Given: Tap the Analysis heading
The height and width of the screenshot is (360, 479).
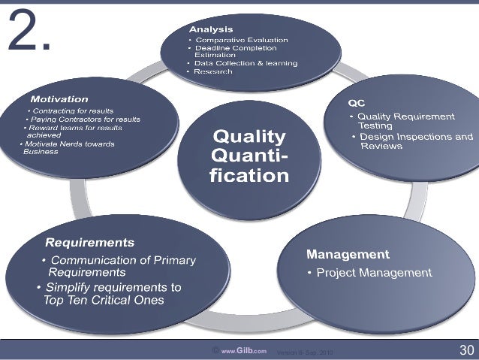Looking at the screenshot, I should [x=210, y=29].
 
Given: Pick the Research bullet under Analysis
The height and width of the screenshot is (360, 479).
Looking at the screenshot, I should [x=214, y=71].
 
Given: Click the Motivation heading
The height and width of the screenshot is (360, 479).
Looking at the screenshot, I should [x=59, y=99].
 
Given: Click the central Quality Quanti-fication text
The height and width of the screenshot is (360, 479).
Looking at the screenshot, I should [x=250, y=156].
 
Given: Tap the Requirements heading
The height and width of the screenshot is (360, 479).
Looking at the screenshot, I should [x=90, y=243].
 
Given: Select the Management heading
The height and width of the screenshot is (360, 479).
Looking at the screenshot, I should [x=347, y=254].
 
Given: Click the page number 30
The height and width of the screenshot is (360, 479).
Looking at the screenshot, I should [x=465, y=350].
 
